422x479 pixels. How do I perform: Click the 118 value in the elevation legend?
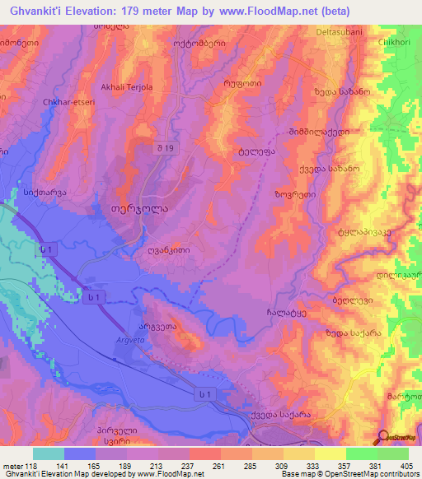33,466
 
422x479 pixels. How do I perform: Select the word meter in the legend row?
12,466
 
